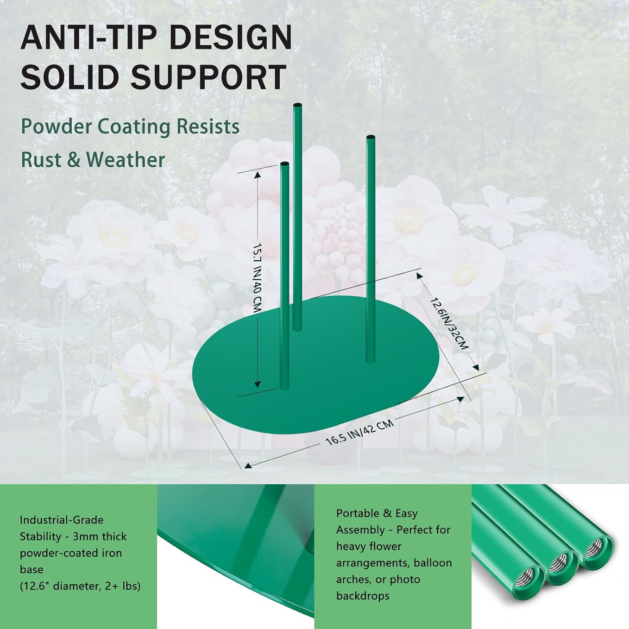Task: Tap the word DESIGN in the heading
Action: coord(232,38)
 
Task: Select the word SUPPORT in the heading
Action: coord(209,77)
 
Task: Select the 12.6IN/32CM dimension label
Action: coord(448,322)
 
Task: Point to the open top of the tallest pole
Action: coord(297,105)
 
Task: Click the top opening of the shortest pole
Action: coord(285,164)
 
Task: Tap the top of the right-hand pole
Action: coord(371,137)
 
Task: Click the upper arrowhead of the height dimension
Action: coord(257,173)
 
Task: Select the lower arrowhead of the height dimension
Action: coord(257,383)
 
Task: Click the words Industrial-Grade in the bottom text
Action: coord(62,520)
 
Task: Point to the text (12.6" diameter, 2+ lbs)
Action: coord(80,586)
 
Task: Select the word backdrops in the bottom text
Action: coord(363,596)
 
